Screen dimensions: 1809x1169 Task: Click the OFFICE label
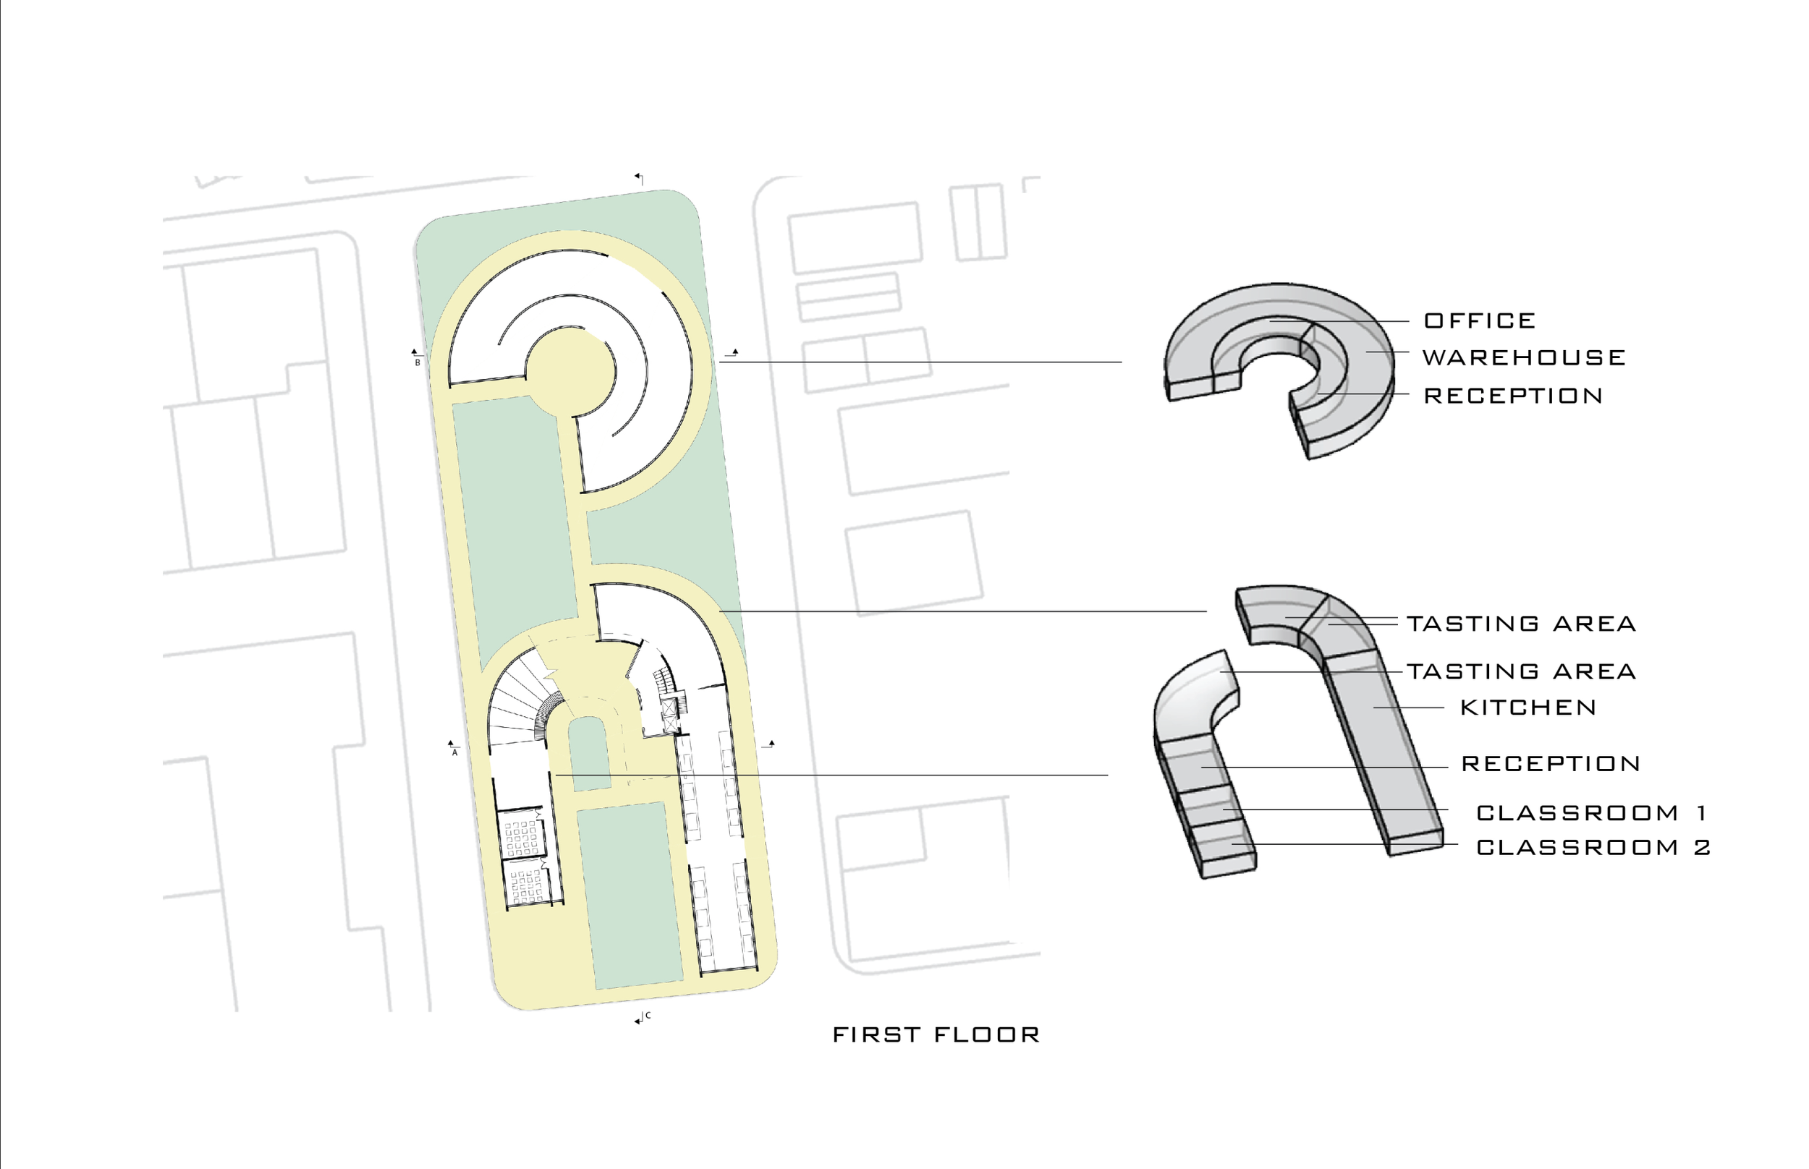[x=1479, y=321]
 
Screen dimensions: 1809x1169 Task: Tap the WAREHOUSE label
[x=1524, y=357]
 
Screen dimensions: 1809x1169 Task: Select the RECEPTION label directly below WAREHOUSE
[x=1512, y=396]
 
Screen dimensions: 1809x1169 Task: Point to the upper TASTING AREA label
[x=1521, y=624]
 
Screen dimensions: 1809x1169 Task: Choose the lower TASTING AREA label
[x=1521, y=672]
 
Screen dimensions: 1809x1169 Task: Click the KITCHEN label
[x=1528, y=708]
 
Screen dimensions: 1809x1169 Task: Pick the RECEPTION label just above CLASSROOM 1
[x=1550, y=764]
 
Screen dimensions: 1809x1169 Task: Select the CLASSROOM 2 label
[x=1593, y=847]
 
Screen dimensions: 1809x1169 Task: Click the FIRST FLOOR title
[x=935, y=1035]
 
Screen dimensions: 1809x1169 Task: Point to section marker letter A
[x=454, y=753]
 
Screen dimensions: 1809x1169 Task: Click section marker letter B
[x=417, y=363]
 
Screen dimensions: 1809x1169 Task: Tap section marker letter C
[x=648, y=1016]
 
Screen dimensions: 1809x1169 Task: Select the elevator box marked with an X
[x=669, y=714]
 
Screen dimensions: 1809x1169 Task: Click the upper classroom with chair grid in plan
[x=522, y=833]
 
